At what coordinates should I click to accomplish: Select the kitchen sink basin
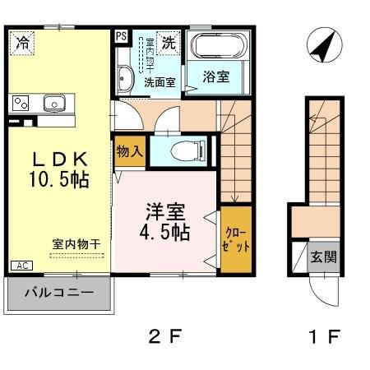click(x=55, y=104)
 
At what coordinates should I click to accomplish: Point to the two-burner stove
click(x=20, y=104)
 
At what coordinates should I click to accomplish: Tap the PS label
click(x=121, y=36)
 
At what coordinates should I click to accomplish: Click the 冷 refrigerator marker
click(x=23, y=43)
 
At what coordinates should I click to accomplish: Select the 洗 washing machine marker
click(x=169, y=41)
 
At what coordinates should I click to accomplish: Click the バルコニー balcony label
click(x=58, y=292)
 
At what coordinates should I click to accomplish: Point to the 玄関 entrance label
click(x=323, y=257)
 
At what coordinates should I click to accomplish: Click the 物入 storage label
click(x=130, y=151)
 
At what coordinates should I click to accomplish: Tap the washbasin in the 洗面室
click(x=126, y=78)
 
